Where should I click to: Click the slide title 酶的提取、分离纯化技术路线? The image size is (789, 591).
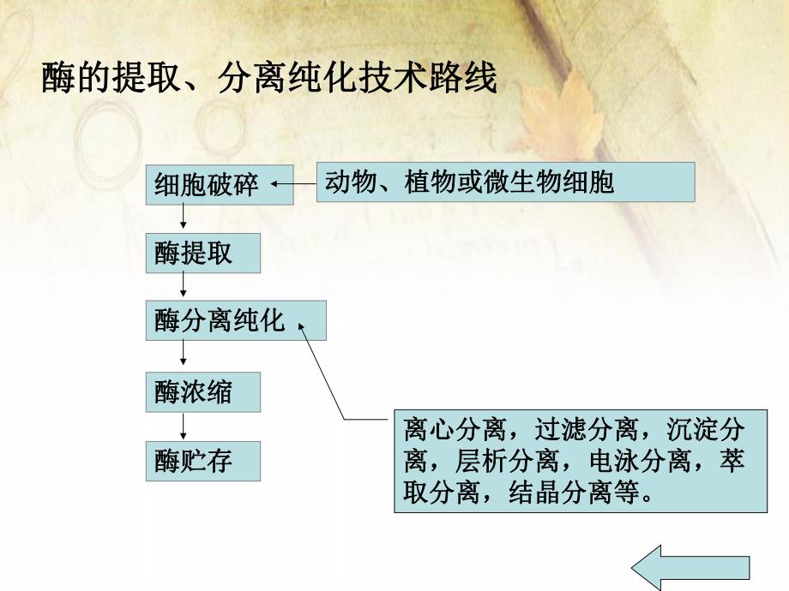(x=269, y=80)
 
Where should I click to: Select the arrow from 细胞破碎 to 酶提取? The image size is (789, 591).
(x=183, y=218)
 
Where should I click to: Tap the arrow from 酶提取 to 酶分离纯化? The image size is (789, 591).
(x=183, y=285)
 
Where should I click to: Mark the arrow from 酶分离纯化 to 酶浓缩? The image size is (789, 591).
(x=183, y=355)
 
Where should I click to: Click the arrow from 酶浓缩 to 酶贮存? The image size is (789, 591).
(x=183, y=426)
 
